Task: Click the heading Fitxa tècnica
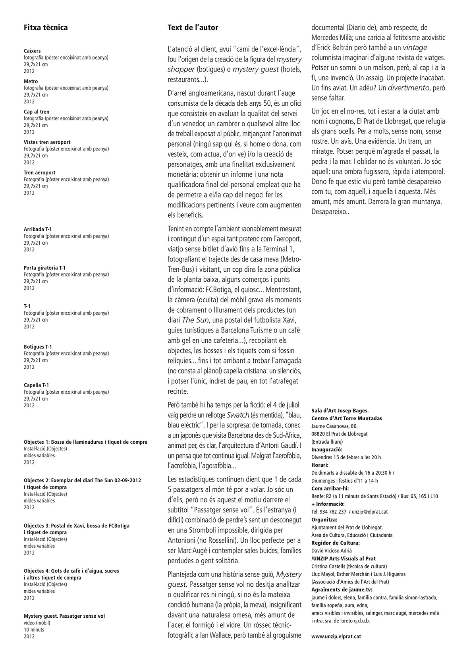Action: [x=46, y=27]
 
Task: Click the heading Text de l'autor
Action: [x=193, y=27]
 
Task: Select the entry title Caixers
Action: [x=32, y=51]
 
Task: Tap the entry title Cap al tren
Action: [x=37, y=112]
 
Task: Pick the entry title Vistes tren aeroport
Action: [x=47, y=142]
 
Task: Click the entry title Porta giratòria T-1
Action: [x=44, y=268]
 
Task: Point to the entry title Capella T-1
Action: [x=36, y=385]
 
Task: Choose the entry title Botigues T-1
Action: [x=38, y=347]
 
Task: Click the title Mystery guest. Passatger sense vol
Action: [x=64, y=616]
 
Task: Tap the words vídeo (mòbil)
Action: [x=37, y=623]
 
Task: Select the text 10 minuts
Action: [x=34, y=630]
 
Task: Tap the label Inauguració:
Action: [x=327, y=450]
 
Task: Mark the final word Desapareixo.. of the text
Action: [x=330, y=212]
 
